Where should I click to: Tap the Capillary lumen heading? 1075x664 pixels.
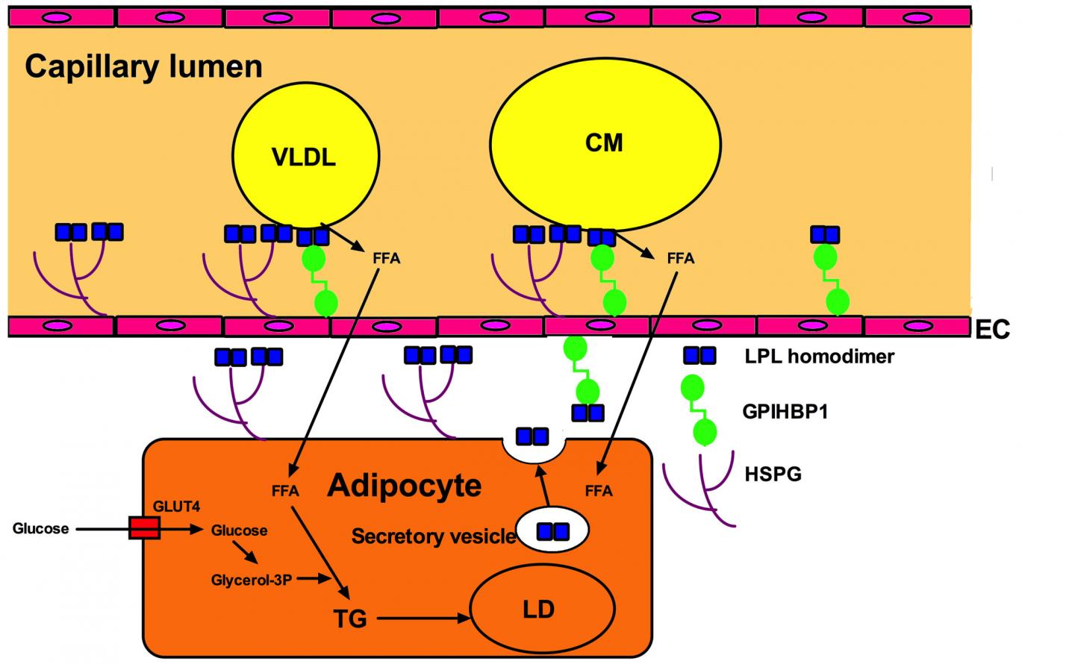point(143,67)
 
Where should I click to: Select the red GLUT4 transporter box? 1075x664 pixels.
point(143,528)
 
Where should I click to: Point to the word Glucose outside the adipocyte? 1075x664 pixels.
point(40,529)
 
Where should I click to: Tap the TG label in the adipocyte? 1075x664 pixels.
point(350,618)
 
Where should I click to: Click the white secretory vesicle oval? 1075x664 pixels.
point(552,530)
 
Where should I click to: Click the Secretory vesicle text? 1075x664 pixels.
point(433,536)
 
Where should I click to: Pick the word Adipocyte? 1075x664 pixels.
point(404,486)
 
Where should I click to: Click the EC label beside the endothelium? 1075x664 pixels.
point(992,329)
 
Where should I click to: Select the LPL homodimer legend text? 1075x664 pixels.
point(819,357)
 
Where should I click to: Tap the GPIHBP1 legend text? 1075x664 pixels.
point(785,411)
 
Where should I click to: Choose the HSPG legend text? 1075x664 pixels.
point(773,474)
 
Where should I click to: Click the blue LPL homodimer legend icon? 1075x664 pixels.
point(700,355)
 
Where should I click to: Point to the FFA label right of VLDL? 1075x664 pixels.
point(386,259)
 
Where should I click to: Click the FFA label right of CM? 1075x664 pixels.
point(680,259)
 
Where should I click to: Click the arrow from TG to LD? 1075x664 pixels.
point(422,618)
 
